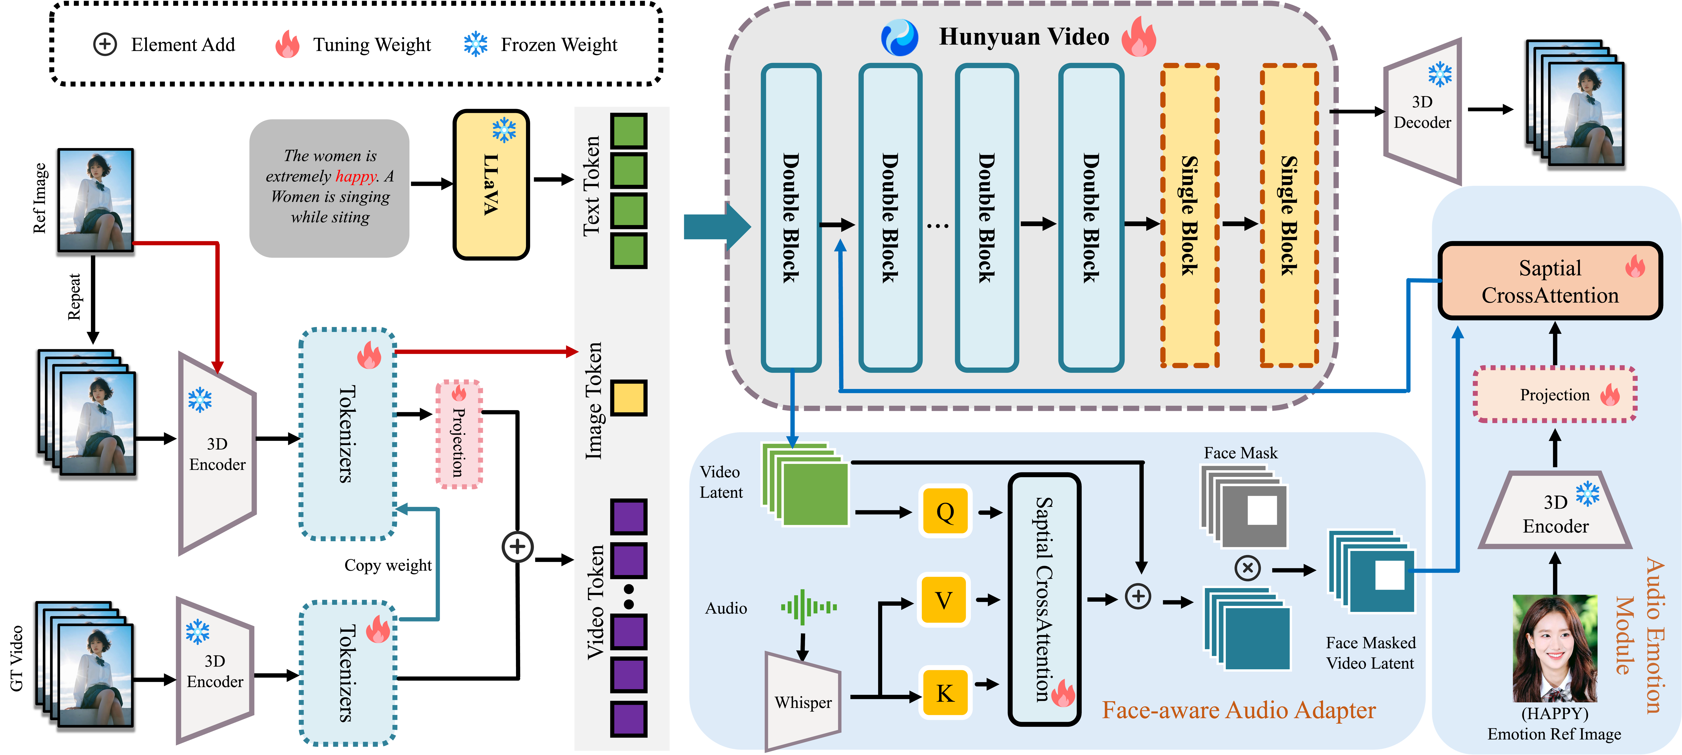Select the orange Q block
pos(945,512)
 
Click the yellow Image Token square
pos(629,397)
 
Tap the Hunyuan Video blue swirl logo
pos(899,37)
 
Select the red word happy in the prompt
pos(356,176)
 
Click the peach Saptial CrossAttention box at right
pos(1550,281)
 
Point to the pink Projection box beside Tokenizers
pos(459,434)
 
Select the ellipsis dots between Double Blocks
pos(938,226)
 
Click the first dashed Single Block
pos(1190,215)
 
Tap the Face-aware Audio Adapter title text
pos(1239,710)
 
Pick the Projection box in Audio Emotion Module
pos(1555,395)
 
